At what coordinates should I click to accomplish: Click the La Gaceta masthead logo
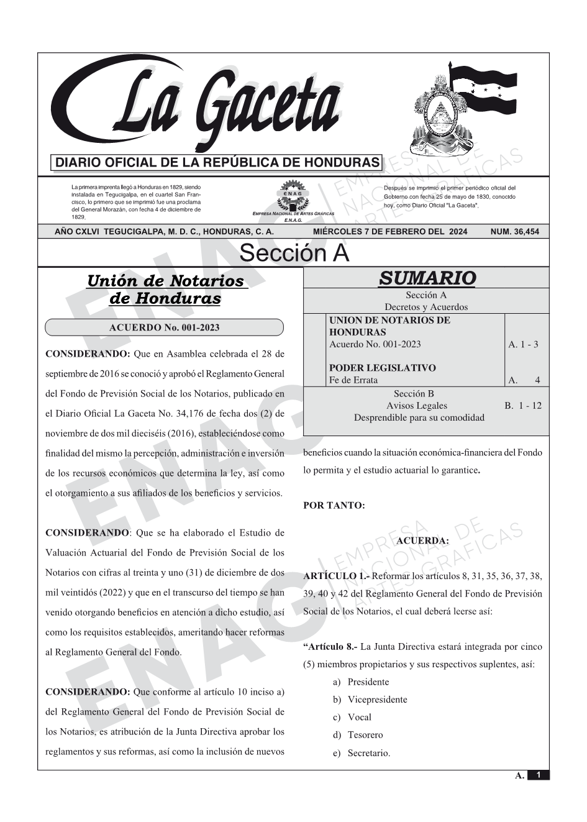[x=199, y=106]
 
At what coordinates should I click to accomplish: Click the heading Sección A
[x=294, y=253]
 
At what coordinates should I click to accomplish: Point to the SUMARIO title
[x=427, y=278]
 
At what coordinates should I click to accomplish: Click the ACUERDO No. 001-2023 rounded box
[x=164, y=327]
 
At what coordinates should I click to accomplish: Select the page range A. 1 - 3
[x=523, y=344]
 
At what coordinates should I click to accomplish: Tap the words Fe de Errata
[x=353, y=380]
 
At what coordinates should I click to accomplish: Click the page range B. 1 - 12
[x=523, y=406]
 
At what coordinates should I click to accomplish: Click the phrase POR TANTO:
[x=334, y=506]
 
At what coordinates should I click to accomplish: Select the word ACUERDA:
[x=422, y=541]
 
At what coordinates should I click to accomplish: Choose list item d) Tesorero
[x=358, y=735]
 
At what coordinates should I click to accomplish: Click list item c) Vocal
[x=352, y=717]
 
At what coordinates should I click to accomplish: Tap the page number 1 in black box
[x=539, y=775]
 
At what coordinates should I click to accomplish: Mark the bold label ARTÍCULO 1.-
[x=336, y=576]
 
